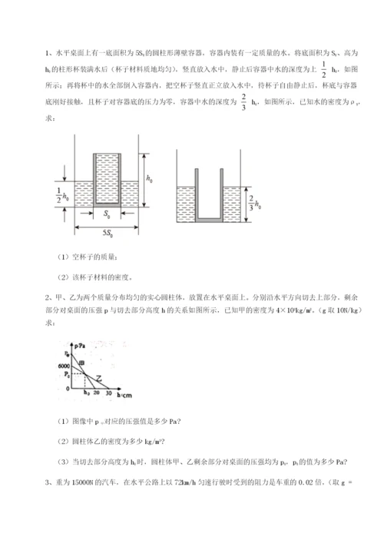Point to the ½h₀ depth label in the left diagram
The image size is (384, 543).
tap(63, 193)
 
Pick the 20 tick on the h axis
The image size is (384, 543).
tap(96, 393)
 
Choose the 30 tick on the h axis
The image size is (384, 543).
tap(109, 393)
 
